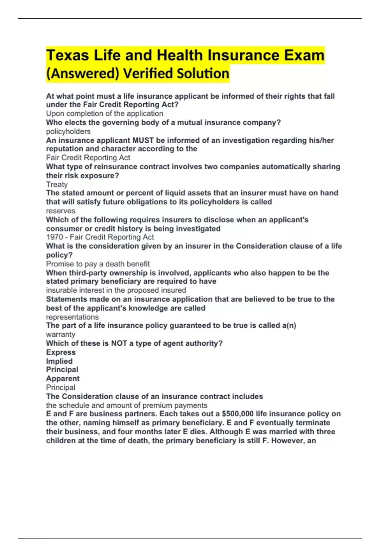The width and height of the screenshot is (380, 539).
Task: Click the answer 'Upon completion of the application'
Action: tap(104, 114)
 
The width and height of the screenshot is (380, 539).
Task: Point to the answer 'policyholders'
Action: tap(68, 131)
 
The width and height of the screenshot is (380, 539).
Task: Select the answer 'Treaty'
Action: tap(57, 185)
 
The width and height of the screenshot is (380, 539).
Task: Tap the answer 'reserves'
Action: tap(60, 211)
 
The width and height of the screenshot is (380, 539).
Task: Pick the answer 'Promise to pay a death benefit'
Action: tap(98, 264)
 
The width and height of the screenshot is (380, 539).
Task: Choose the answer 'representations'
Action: tap(72, 317)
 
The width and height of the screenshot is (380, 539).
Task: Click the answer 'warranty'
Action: tap(60, 334)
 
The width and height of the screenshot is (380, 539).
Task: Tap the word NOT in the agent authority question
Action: tap(119, 343)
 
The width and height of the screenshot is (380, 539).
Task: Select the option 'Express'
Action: tap(61, 352)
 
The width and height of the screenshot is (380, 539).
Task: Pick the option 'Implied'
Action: tap(59, 361)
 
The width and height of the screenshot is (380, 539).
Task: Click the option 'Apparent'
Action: tap(63, 379)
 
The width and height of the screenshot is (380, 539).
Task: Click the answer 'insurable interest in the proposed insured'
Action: tap(116, 290)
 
